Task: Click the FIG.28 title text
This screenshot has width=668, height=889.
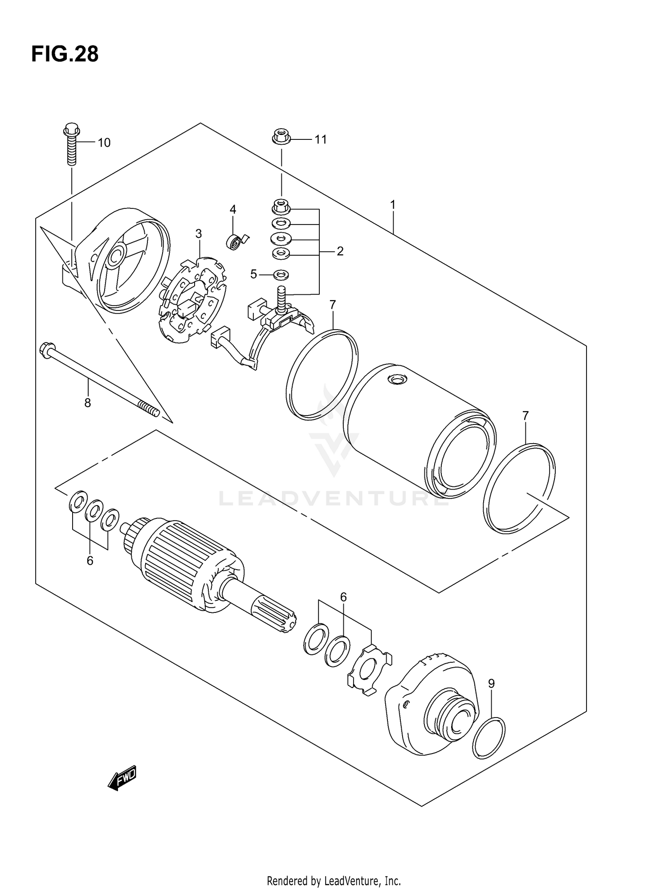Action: tap(65, 54)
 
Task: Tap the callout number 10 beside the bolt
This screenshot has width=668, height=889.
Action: tap(104, 143)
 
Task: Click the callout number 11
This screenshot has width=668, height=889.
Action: tap(321, 139)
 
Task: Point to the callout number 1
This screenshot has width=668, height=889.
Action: tap(393, 205)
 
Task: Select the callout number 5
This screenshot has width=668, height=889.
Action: tap(253, 274)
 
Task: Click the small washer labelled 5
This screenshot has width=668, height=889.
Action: tap(281, 273)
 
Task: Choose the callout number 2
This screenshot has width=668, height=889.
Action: tap(340, 252)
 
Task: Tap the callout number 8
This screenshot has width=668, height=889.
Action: tap(88, 403)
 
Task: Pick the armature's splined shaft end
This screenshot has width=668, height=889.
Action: tap(273, 615)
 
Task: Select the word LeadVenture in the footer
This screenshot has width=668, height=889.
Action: tap(356, 881)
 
